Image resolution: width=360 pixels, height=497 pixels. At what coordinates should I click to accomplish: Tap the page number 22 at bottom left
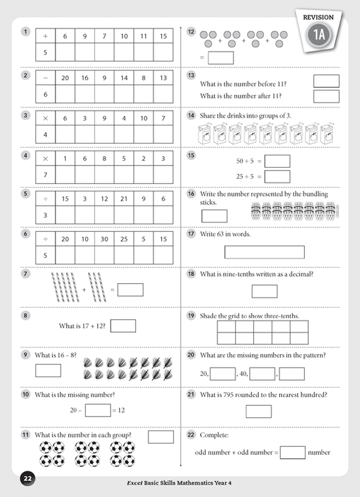[x=28, y=479]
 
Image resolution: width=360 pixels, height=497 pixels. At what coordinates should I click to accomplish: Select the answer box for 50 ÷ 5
[x=277, y=161]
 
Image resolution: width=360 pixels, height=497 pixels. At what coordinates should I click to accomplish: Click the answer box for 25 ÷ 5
[x=277, y=176]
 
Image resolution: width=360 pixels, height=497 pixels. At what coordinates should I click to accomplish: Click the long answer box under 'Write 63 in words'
[x=264, y=252]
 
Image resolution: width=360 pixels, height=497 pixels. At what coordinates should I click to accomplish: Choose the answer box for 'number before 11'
[x=326, y=81]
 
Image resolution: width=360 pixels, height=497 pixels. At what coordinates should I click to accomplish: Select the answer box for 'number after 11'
[x=326, y=96]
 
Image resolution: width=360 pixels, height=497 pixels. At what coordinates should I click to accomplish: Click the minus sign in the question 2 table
[x=46, y=78]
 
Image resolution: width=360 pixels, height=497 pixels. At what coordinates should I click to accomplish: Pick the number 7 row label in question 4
[x=46, y=174]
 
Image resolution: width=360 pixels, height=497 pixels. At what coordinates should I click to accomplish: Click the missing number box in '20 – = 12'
[x=98, y=410]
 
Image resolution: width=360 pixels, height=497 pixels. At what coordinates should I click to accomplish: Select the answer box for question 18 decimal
[x=264, y=291]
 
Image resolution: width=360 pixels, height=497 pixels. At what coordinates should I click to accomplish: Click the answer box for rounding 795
[x=259, y=411]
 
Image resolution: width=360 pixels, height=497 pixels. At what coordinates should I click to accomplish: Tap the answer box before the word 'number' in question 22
[x=292, y=452]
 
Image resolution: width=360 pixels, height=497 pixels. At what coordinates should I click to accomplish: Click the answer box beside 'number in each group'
[x=161, y=437]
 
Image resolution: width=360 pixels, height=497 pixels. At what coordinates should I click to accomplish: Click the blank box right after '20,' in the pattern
[x=223, y=374]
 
